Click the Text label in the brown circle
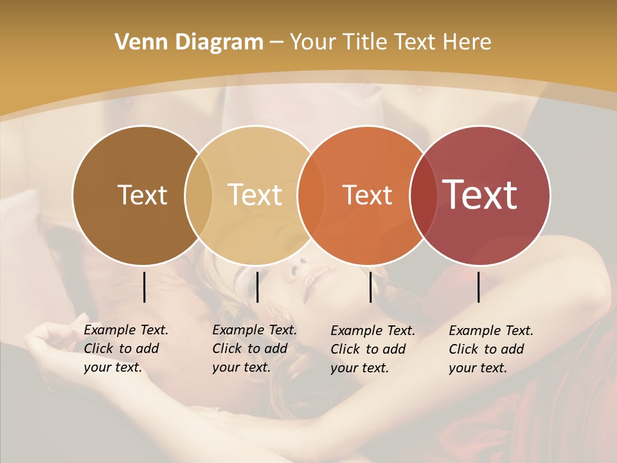tap(142, 195)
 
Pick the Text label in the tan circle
tap(255, 195)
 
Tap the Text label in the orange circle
tap(367, 195)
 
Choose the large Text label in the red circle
tap(480, 195)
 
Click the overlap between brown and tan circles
tap(199, 195)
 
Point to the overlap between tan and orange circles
tap(311, 195)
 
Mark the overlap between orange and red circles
tap(424, 195)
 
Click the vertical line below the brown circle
tap(144, 287)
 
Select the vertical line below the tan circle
tap(257, 287)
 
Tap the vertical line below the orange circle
tap(370, 287)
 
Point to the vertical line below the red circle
tap(478, 287)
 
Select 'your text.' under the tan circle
tap(241, 367)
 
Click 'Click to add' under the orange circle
tap(368, 349)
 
